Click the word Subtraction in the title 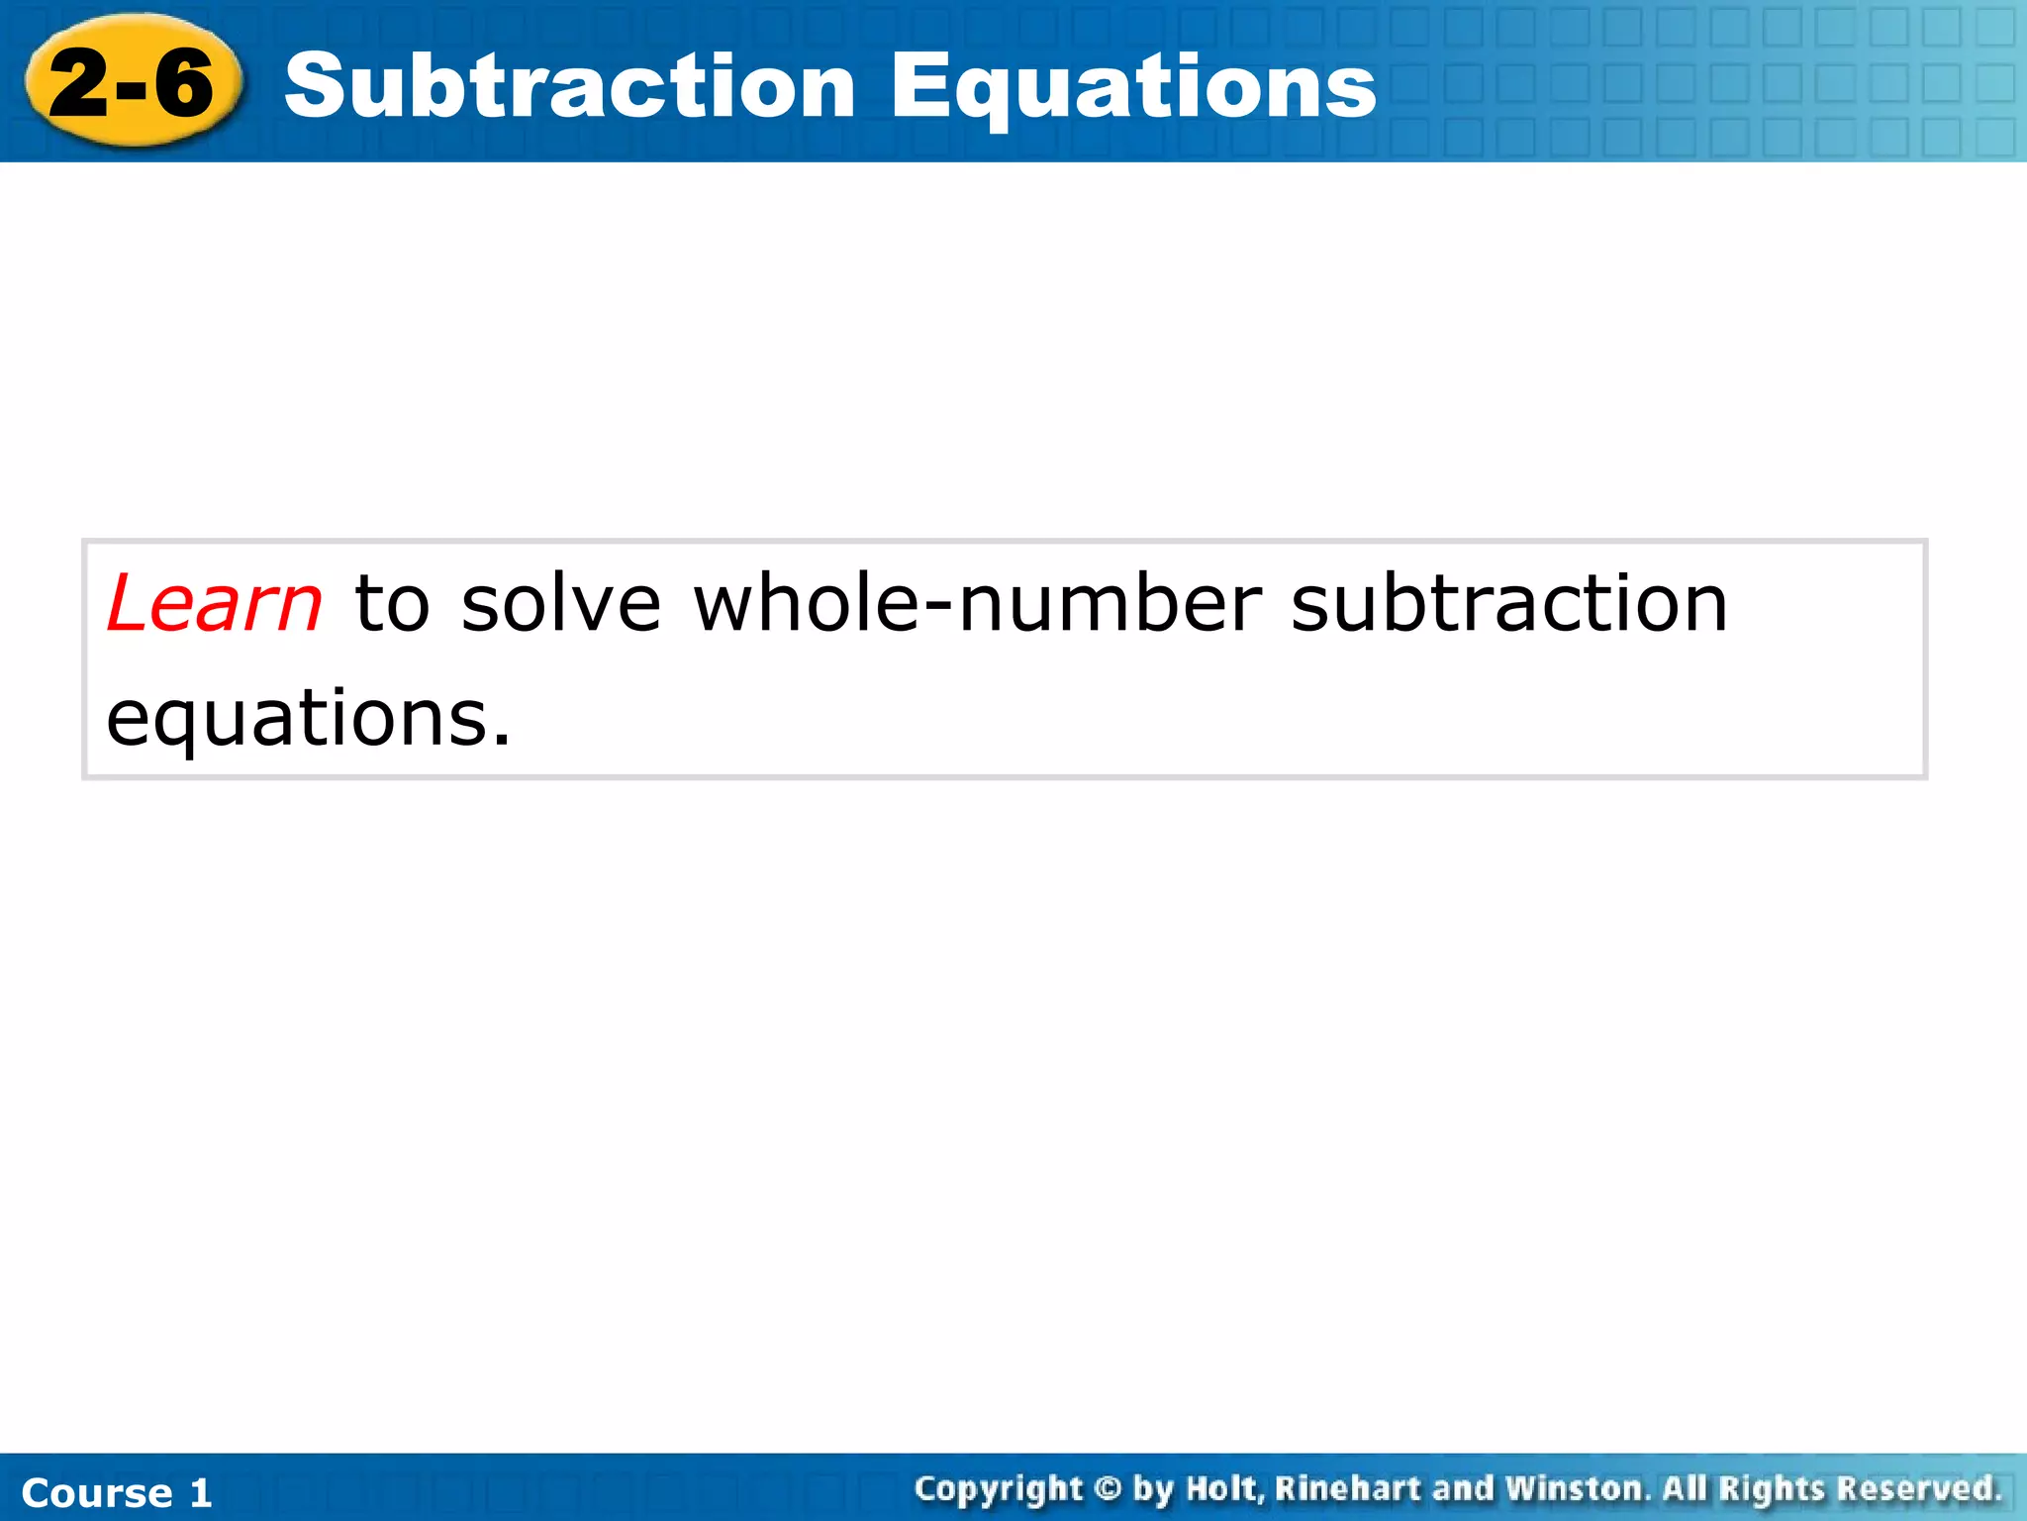570,86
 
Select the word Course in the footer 97,1492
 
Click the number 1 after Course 201,1492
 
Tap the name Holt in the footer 1225,1488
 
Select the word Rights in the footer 1772,1488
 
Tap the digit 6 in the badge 183,83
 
